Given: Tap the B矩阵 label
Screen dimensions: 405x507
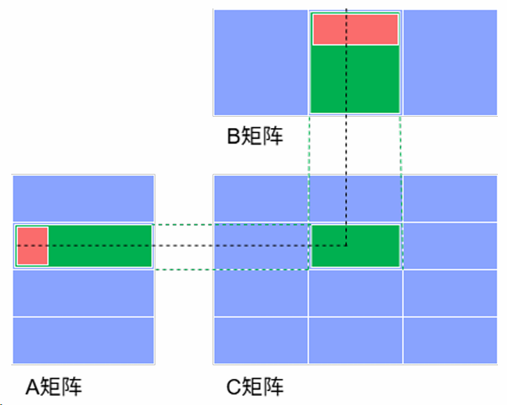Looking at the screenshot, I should click(255, 136).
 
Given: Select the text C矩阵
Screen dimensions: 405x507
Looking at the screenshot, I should click(255, 386).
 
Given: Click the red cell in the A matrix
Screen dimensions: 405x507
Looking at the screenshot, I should click(32, 246).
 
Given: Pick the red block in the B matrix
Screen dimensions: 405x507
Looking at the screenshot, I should click(355, 30).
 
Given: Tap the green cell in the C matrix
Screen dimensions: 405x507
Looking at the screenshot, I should click(355, 246).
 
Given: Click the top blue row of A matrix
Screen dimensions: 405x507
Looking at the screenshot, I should click(84, 198).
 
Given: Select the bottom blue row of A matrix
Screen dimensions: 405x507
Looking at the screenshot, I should click(84, 340).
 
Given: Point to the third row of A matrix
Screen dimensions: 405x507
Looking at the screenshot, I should click(84, 293).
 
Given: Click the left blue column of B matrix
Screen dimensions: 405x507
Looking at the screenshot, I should click(260, 62).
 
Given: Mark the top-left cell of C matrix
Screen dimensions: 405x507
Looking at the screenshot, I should click(260, 198).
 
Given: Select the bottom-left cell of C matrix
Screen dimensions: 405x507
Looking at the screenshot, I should click(260, 340).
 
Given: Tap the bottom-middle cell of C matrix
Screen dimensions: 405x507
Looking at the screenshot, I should click(355, 340).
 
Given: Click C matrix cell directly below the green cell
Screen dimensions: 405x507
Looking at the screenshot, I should click(355, 293).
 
